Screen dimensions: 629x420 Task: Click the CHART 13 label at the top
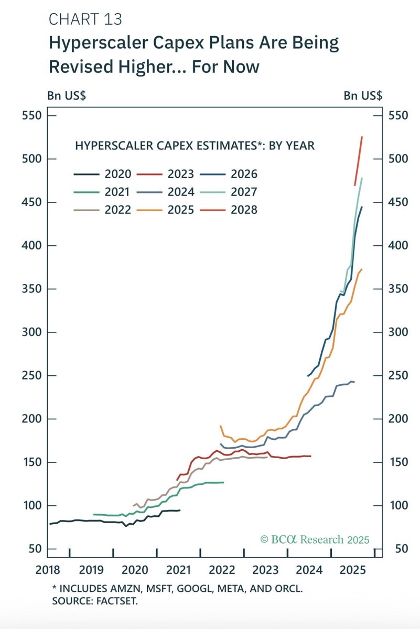point(85,19)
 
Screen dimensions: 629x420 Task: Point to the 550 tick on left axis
point(31,115)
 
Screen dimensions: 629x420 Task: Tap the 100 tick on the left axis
point(31,505)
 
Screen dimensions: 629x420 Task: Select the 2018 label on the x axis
point(48,569)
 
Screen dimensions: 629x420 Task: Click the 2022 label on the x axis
point(222,569)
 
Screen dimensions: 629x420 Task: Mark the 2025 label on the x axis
point(352,569)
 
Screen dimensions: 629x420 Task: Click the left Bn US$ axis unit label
point(68,95)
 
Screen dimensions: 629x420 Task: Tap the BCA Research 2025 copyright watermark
point(315,539)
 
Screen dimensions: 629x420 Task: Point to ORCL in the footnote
point(288,589)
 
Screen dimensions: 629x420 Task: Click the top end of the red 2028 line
point(362,137)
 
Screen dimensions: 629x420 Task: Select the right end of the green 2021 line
point(223,482)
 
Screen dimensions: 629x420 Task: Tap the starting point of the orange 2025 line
point(220,426)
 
